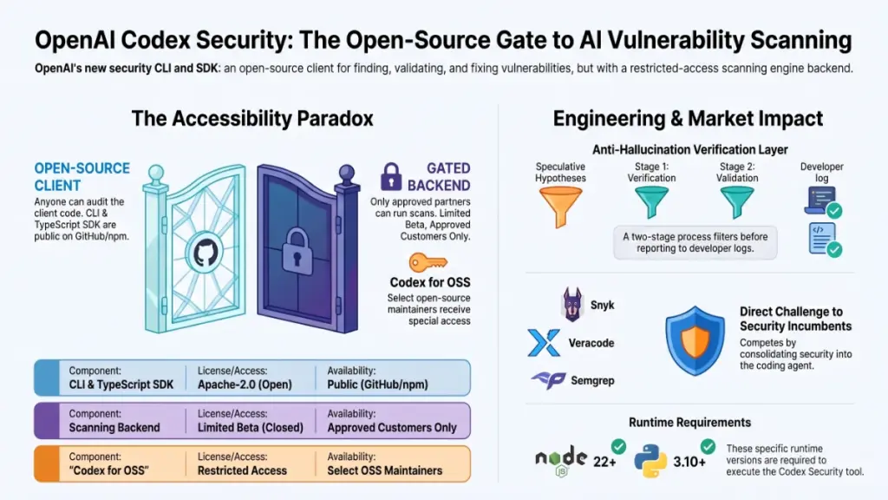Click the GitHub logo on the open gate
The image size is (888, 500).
(206, 253)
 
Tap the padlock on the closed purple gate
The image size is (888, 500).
(297, 252)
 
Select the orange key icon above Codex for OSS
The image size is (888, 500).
(428, 262)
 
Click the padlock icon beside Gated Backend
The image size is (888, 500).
(391, 176)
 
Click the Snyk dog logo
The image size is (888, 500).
(572, 305)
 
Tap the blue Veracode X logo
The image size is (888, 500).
(544, 342)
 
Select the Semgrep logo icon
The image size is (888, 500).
(548, 380)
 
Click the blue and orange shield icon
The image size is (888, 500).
(695, 340)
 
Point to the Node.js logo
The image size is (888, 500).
(561, 460)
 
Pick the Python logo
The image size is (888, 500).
(650, 460)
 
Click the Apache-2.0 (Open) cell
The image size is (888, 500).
(245, 378)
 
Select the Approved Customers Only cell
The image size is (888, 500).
(392, 421)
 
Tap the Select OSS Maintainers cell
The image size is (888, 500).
(384, 464)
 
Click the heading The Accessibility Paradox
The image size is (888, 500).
(252, 118)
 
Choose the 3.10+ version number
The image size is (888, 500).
(689, 462)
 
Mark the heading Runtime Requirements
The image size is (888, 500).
(689, 423)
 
